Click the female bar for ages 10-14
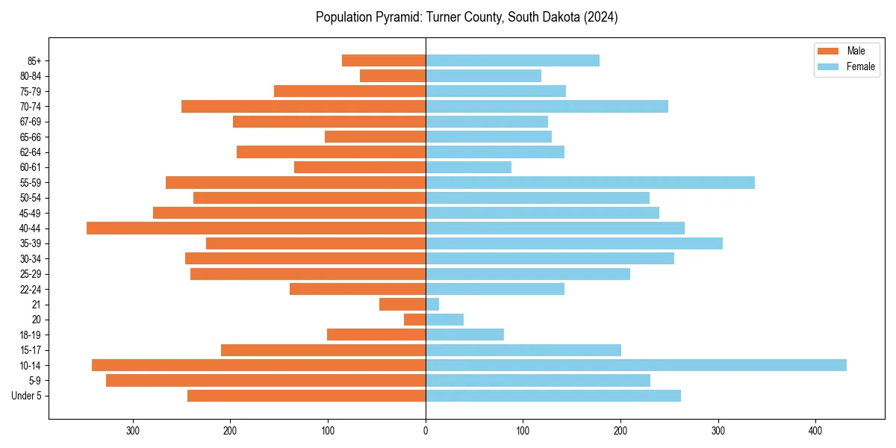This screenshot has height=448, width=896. tap(635, 365)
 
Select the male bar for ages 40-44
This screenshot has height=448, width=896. tap(256, 228)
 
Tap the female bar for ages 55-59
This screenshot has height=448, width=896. tap(590, 182)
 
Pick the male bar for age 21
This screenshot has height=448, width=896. tap(402, 304)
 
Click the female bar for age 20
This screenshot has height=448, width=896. tap(444, 320)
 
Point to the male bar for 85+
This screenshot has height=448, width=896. tap(384, 60)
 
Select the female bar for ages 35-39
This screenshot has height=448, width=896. tap(573, 243)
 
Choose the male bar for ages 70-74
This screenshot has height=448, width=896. tap(303, 106)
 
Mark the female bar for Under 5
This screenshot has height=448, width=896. tap(553, 396)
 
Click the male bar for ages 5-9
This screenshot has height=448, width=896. tap(266, 381)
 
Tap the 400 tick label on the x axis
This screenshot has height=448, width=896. tap(815, 431)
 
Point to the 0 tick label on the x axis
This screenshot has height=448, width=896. tap(426, 431)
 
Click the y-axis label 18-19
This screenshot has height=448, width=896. tap(31, 335)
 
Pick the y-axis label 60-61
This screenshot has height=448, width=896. tap(31, 167)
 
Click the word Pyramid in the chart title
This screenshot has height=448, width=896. tap(398, 17)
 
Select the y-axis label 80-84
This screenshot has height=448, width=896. tap(31, 76)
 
